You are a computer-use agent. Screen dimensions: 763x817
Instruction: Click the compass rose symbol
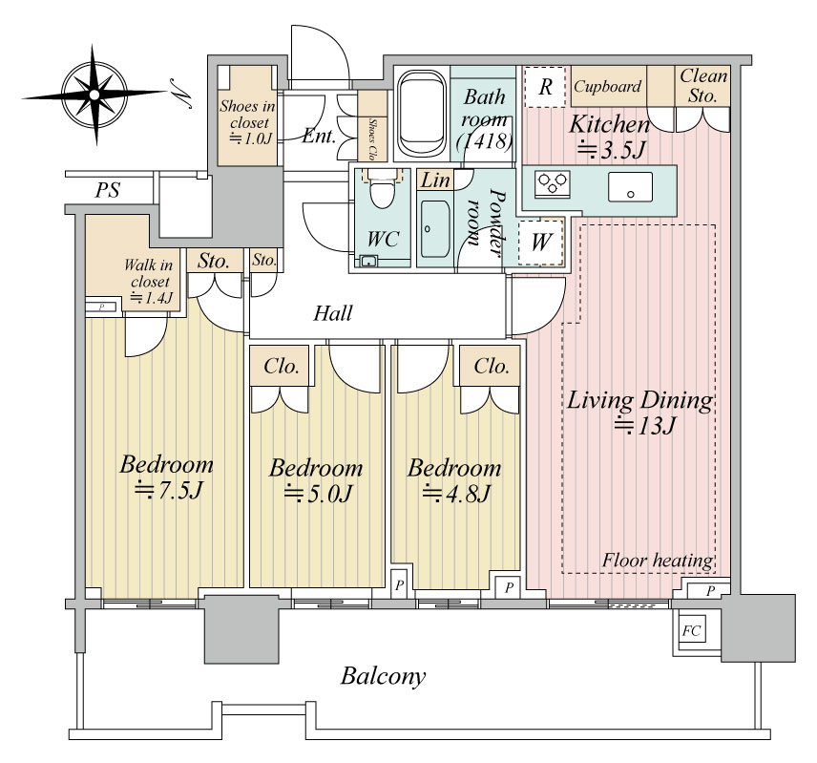[95, 95]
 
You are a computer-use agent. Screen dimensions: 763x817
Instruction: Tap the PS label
[107, 190]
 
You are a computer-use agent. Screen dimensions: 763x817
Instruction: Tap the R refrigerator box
[546, 87]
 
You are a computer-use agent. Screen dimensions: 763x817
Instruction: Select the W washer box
[540, 242]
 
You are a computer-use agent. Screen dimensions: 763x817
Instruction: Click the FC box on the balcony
[692, 630]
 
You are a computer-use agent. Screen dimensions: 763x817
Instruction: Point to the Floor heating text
[658, 561]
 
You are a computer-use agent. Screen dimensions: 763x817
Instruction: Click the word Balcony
[383, 677]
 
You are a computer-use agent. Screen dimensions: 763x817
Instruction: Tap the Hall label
[332, 313]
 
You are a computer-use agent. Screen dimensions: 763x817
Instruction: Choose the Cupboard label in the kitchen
[607, 86]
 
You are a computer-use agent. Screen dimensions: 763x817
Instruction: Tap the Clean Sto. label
[702, 86]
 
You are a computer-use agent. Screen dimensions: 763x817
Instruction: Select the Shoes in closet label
[246, 121]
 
